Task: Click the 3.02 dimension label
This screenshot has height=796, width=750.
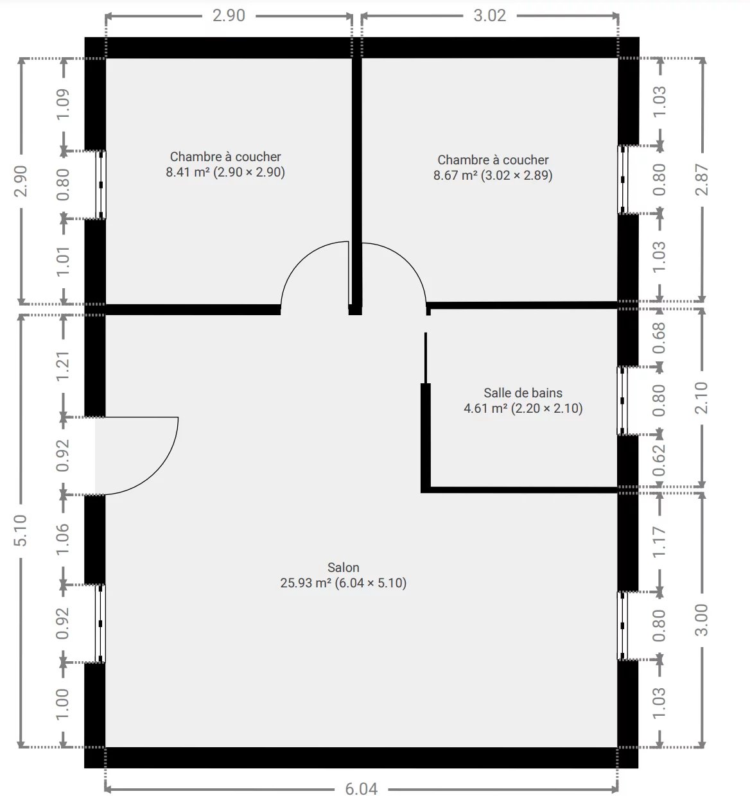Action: click(x=489, y=15)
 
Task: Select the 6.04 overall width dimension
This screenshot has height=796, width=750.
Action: click(x=361, y=789)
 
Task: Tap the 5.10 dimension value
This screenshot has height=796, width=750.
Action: click(x=21, y=530)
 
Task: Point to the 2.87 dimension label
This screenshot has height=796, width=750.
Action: click(x=701, y=180)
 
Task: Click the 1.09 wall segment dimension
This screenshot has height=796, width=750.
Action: click(x=63, y=104)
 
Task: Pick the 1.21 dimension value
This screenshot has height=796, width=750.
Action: click(x=63, y=367)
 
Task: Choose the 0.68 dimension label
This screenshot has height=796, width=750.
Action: click(x=659, y=338)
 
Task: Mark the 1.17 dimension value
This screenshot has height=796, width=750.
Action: click(x=659, y=542)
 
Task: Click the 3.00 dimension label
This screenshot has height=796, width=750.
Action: click(x=701, y=619)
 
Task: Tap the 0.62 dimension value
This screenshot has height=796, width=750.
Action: click(x=659, y=460)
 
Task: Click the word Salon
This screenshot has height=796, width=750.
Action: click(x=344, y=567)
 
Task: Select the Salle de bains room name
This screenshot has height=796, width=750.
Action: click(x=523, y=392)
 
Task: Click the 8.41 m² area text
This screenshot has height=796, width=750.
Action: click(x=187, y=172)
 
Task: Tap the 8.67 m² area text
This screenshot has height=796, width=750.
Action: click(x=455, y=175)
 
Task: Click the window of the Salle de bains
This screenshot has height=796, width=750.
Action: click(x=622, y=401)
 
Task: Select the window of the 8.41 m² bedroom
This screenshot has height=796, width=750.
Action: click(x=101, y=185)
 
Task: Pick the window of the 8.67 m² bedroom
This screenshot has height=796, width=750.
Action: click(x=622, y=180)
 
